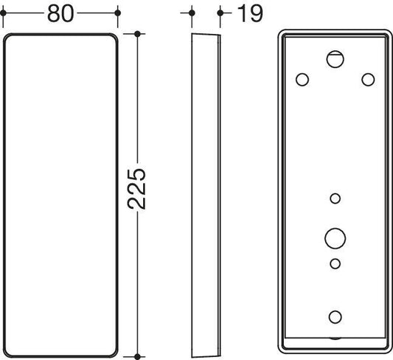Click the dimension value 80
[x=60, y=13]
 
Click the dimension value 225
[x=136, y=189]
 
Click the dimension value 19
[x=250, y=13]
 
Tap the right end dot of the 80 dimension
[x=117, y=13]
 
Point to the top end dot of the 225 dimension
[x=137, y=34]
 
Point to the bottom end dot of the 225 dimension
[x=137, y=356]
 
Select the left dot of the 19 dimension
[x=192, y=13]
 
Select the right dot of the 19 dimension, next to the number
[x=220, y=13]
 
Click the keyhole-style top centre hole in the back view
[x=335, y=59]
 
